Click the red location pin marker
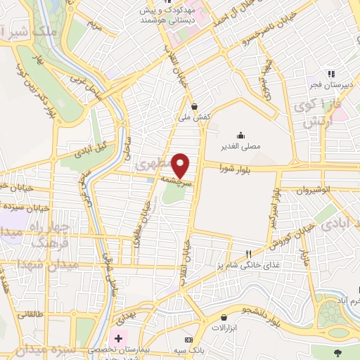tap(181, 165)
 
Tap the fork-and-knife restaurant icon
tap(248, 254)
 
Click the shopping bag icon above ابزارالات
tap(224, 318)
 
